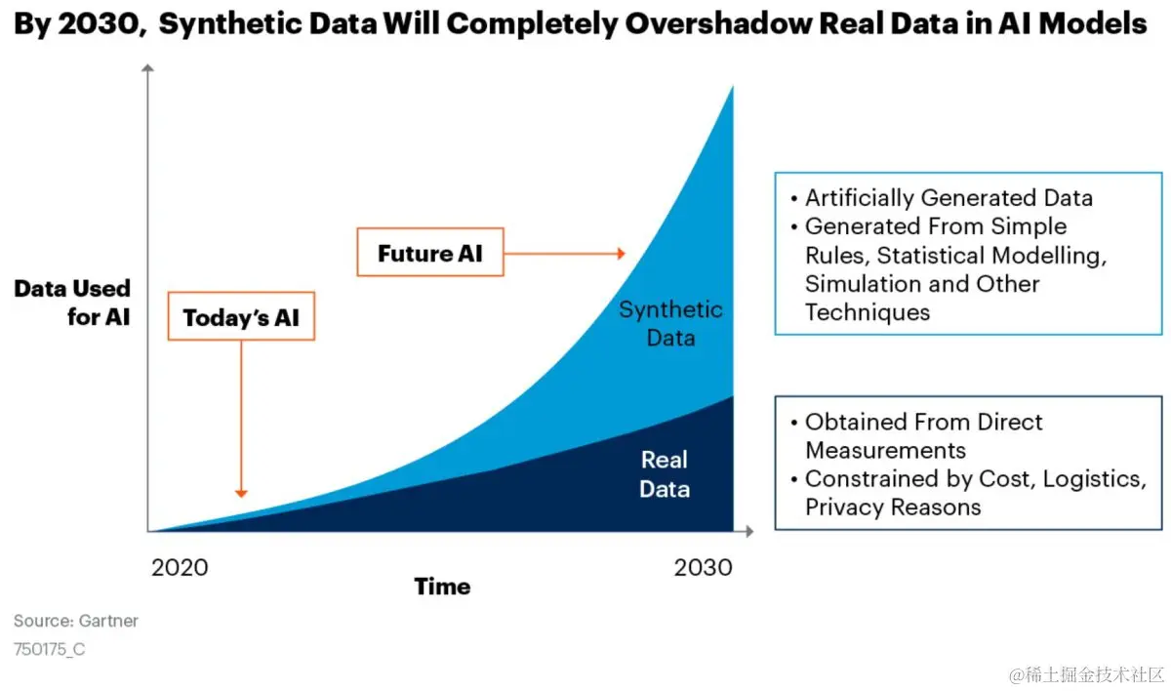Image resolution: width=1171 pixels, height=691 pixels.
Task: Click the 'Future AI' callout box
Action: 429,254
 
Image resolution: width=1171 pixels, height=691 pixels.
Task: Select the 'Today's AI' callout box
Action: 241,317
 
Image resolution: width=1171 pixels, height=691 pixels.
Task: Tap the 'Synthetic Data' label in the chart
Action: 670,324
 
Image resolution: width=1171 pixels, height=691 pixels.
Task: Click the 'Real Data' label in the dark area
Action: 665,474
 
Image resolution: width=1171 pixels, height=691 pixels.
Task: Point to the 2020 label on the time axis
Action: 180,567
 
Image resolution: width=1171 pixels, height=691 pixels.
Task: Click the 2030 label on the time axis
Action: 703,567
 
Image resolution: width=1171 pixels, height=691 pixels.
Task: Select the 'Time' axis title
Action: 442,587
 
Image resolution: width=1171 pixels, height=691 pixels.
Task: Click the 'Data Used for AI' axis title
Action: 72,303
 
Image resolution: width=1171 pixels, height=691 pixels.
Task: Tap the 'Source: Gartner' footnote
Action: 76,621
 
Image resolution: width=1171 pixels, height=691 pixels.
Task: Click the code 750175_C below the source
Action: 50,648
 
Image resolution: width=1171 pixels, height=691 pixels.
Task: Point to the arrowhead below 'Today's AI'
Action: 241,493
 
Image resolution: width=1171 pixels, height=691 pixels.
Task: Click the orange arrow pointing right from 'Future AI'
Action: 566,254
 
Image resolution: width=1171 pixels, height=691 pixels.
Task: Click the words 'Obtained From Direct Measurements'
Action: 923,435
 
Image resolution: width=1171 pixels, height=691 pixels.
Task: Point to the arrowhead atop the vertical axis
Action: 148,68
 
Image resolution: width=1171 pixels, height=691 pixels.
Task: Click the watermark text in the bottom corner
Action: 1088,674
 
